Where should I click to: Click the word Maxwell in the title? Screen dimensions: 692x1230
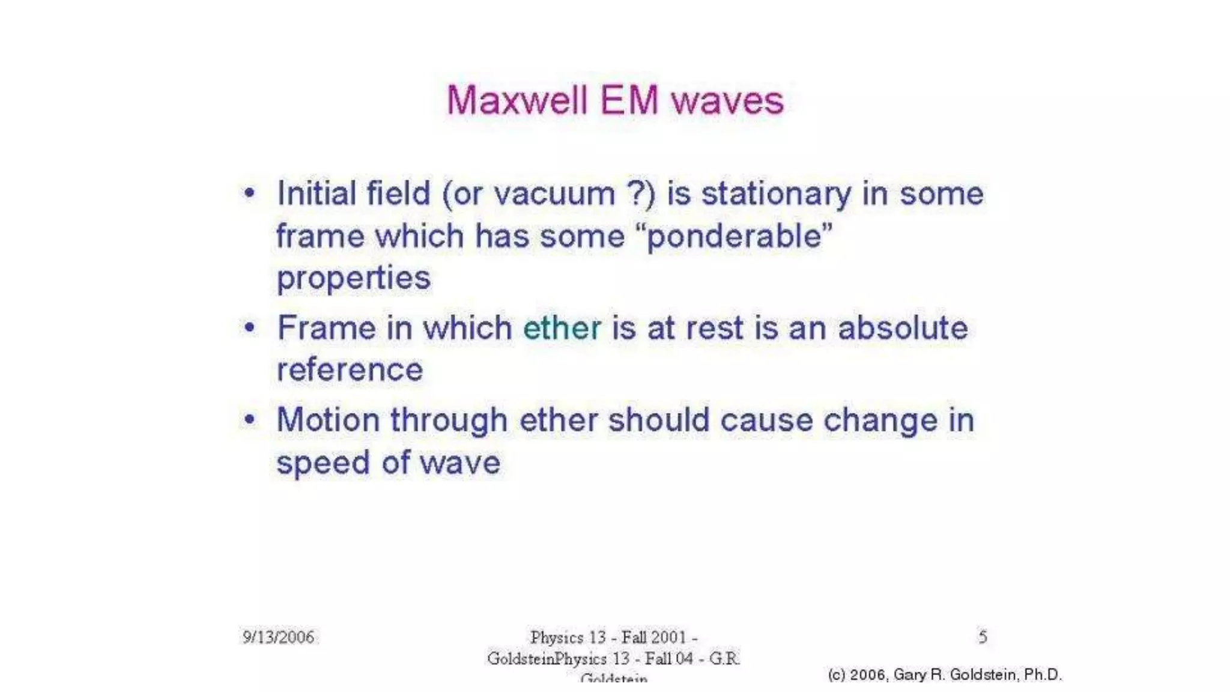point(517,100)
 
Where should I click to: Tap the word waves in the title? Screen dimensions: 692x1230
point(727,100)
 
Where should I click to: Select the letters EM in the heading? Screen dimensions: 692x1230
point(629,100)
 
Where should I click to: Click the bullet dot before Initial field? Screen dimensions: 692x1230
point(249,193)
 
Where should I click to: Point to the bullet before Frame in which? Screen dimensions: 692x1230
point(249,327)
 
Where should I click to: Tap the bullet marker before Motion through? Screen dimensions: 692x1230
point(249,419)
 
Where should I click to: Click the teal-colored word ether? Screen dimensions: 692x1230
point(562,328)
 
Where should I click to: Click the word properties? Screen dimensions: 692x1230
point(353,279)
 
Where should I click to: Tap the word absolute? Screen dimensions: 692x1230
point(903,328)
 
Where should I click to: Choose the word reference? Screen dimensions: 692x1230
point(350,369)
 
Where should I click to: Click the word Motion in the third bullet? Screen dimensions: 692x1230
point(328,419)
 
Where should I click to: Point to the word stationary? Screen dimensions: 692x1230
point(777,195)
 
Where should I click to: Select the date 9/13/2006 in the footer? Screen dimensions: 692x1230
point(278,637)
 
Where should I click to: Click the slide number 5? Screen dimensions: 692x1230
point(983,636)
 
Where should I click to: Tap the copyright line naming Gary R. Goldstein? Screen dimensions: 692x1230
point(945,675)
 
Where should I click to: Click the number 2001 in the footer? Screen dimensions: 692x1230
point(668,637)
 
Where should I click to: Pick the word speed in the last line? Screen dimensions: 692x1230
point(323,463)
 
